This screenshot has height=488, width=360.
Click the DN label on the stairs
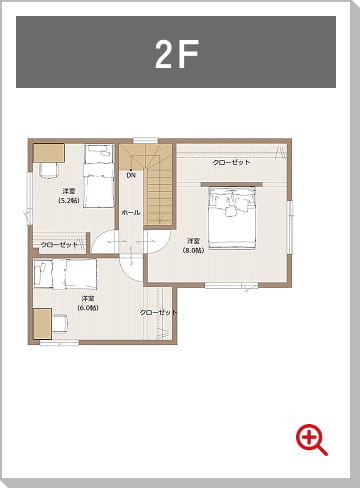tap(131, 176)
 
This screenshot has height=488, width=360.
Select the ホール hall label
tap(131, 213)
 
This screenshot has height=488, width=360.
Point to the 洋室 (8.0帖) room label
tap(194, 245)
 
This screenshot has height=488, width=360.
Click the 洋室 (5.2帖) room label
tap(70, 195)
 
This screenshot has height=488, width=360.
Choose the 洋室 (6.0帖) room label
tap(88, 303)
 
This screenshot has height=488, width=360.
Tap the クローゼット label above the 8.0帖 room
tap(231, 162)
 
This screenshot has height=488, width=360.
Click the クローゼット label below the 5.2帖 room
tap(61, 245)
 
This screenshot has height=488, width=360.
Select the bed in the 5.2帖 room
tap(98, 177)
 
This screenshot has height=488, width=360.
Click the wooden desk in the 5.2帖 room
tap(48, 152)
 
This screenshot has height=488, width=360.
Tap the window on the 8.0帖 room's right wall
tap(290, 222)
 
